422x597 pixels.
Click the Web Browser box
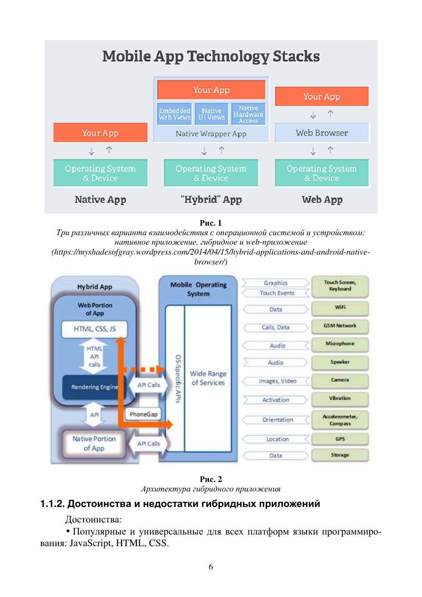coord(322,133)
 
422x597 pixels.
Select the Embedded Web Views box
coord(174,114)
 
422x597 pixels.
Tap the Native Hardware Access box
coord(248,114)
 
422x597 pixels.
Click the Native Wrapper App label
coord(211,134)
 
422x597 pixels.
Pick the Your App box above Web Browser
coord(322,96)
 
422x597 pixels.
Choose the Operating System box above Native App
coord(100,173)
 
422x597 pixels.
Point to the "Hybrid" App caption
coord(211,199)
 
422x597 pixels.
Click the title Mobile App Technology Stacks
coord(211,56)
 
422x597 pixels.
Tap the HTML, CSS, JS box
coord(95,329)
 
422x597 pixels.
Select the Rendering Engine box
coord(94,387)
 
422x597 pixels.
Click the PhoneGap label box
coord(143,414)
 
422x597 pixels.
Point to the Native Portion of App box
coord(94,443)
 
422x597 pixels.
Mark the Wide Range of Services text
coord(208,378)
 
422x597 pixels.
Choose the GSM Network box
coord(340,326)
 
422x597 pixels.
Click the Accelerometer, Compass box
coord(340,420)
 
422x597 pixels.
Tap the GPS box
coord(340,439)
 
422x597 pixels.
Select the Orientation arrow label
coord(277,420)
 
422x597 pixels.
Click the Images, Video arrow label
coord(277,381)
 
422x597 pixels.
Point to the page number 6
coord(211,567)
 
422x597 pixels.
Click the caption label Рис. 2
coord(211,479)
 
